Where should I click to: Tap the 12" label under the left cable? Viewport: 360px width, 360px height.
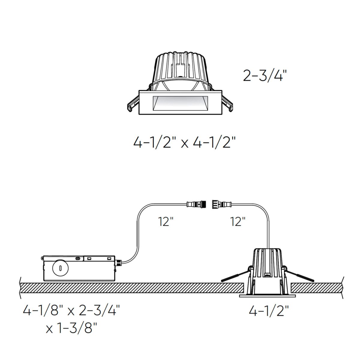(x=166, y=222)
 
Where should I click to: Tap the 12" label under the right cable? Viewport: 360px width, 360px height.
(x=238, y=222)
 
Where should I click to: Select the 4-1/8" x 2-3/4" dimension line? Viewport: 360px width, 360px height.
(x=71, y=310)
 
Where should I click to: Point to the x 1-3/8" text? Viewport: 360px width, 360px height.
(x=71, y=328)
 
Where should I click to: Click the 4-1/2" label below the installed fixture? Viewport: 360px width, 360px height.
(x=268, y=311)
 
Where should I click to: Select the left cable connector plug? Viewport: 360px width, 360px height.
(x=197, y=205)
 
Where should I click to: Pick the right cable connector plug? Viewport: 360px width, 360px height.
(x=221, y=205)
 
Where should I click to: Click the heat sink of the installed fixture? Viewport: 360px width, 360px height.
(x=268, y=261)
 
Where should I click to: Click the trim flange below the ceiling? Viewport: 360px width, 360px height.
(x=267, y=296)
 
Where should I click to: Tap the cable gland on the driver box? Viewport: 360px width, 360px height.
(x=118, y=262)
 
